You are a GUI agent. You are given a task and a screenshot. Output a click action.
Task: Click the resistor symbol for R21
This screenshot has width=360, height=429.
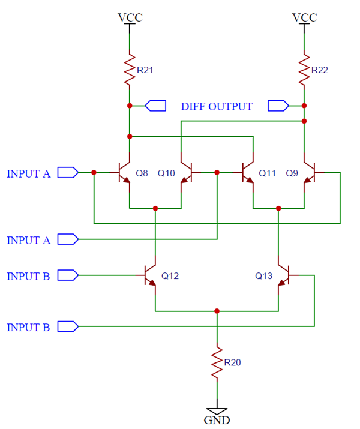pos(129,70)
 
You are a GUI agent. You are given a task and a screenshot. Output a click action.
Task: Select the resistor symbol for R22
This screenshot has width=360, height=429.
pos(304,70)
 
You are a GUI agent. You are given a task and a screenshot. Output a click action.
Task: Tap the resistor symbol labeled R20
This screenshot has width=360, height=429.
pos(217,362)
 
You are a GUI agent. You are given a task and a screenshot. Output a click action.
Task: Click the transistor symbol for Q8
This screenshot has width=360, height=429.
pos(124,173)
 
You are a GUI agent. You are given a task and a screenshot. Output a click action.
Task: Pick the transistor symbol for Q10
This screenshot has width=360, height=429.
pos(186,173)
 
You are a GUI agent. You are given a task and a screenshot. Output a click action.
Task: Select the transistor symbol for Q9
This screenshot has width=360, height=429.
pos(309,173)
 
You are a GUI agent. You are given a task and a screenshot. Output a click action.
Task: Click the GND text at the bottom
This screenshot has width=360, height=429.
pos(217,420)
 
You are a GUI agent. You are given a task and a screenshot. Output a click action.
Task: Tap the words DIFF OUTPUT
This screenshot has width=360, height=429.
pos(217,107)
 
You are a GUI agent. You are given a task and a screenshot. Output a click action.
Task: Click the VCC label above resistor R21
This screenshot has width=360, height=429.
pos(130,17)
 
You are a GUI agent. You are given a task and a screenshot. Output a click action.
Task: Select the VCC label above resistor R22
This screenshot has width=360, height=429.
pos(304,17)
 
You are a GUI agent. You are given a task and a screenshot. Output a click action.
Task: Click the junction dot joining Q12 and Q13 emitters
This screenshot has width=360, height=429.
pos(217,311)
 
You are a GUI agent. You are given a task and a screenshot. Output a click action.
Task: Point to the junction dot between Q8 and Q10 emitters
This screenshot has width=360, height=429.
pos(155,208)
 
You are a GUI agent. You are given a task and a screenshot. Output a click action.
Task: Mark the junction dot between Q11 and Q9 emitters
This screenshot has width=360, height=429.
pos(278,208)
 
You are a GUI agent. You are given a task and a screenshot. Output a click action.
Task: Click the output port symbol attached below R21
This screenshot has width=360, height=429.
pos(156,106)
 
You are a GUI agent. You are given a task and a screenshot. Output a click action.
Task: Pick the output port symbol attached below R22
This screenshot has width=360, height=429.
pos(278,106)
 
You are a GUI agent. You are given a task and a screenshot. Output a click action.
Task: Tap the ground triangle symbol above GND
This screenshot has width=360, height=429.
pos(217,408)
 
